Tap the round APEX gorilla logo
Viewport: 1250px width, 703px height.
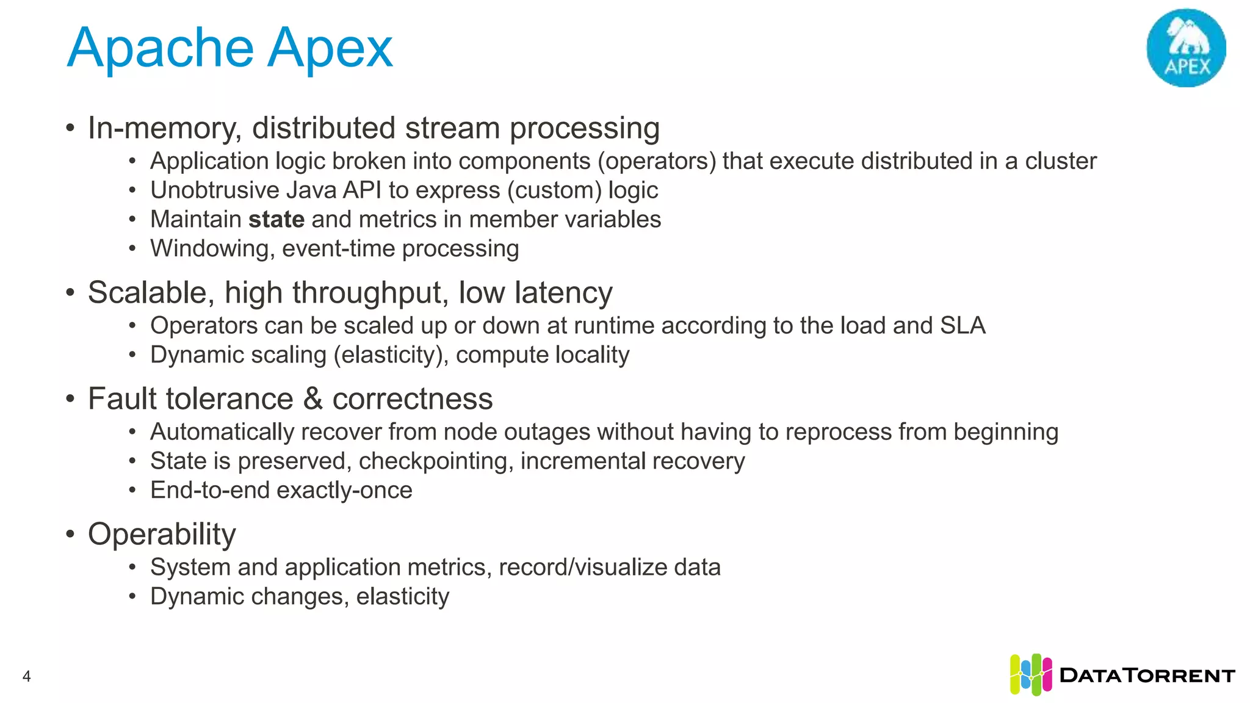[x=1186, y=48]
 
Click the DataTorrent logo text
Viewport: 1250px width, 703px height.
[x=1147, y=676]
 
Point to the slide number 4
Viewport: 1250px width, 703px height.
[x=26, y=676]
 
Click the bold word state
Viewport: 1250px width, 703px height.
[x=276, y=220]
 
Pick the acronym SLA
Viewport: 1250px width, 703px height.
[x=963, y=326]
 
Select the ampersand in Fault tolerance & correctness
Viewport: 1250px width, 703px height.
[x=312, y=399]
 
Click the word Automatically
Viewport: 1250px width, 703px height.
[x=222, y=432]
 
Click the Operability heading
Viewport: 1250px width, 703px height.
[x=162, y=535]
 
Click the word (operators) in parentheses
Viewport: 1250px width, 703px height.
[x=657, y=161]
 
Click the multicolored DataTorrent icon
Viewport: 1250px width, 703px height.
[x=1030, y=675]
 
